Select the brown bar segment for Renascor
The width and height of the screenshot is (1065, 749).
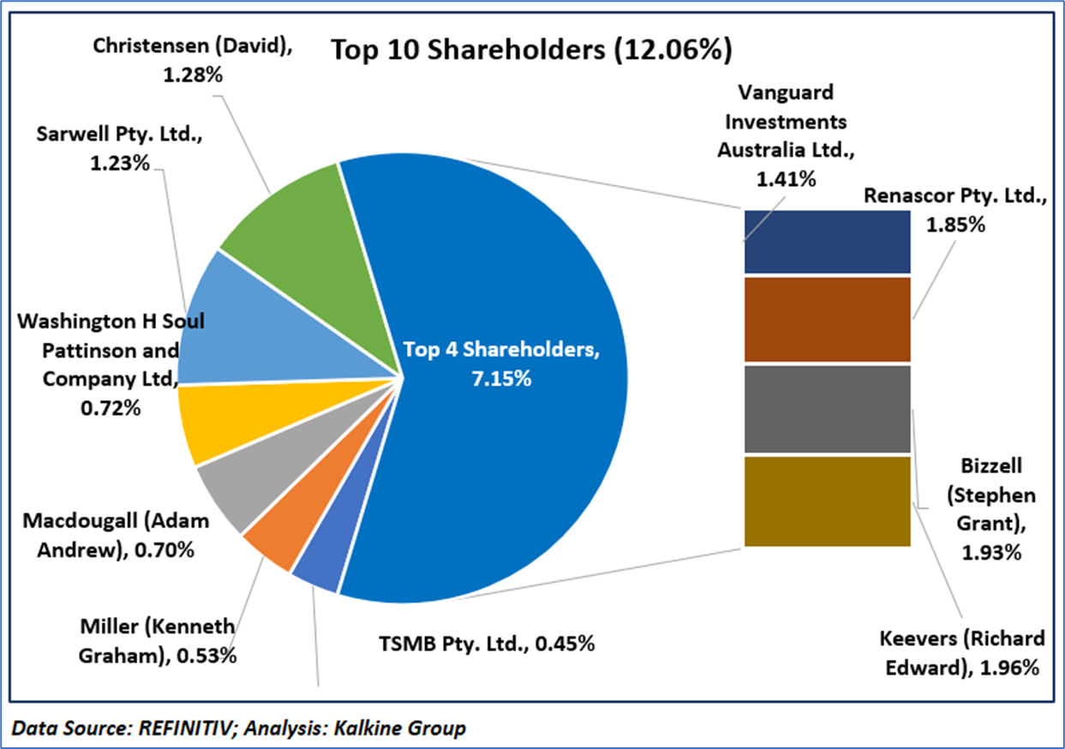click(x=826, y=320)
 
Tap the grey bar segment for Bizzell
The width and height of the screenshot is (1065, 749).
click(x=826, y=409)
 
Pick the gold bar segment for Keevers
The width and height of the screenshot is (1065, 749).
click(x=826, y=500)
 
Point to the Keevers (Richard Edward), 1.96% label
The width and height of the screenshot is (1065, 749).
click(x=962, y=653)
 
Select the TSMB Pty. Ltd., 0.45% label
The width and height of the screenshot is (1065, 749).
click(x=487, y=643)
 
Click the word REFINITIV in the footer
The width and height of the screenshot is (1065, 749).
click(x=153, y=728)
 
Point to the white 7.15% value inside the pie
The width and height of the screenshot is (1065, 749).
click(x=501, y=378)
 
